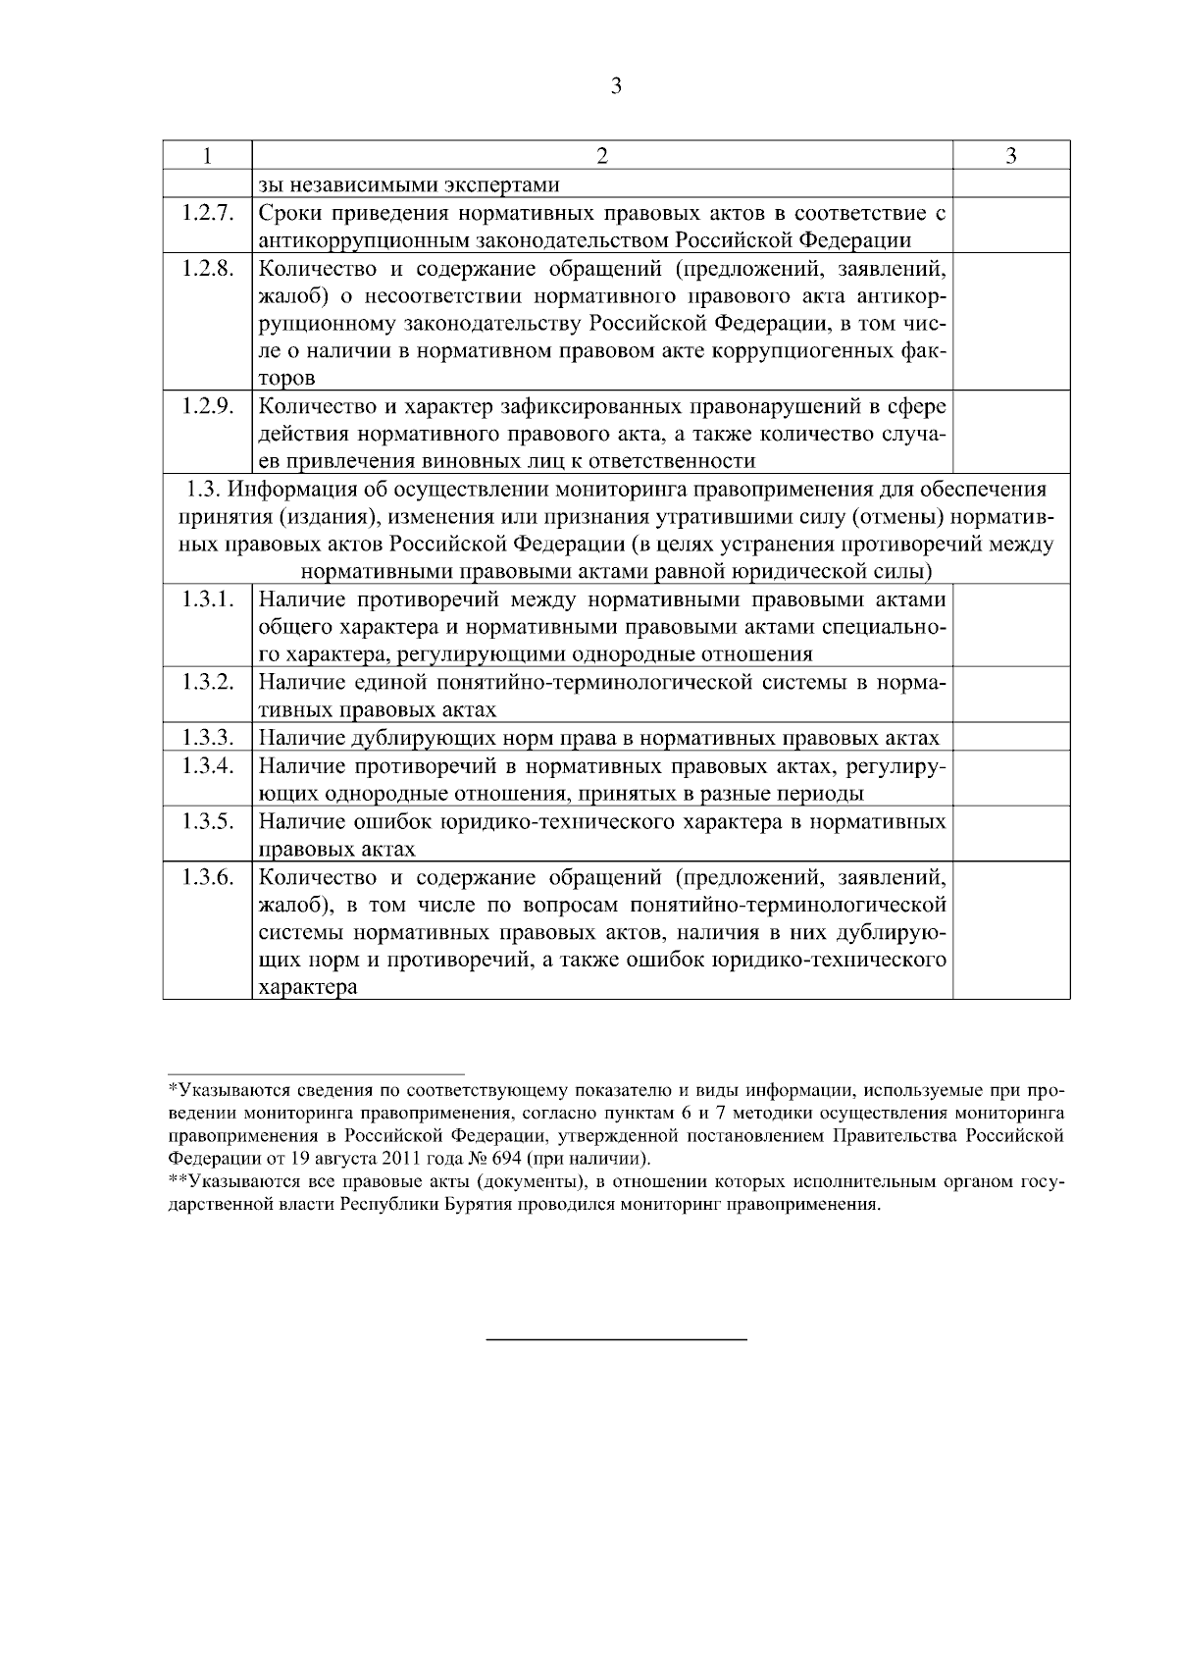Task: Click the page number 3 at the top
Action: tap(616, 86)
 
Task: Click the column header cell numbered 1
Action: tap(207, 156)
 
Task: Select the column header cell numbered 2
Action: tap(602, 156)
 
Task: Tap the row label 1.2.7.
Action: tap(207, 213)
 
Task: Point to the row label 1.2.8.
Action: tap(207, 269)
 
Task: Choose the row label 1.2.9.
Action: tap(207, 406)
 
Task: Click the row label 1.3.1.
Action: tap(207, 599)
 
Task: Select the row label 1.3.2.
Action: tap(207, 682)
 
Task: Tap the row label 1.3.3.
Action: tap(207, 738)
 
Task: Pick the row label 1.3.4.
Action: tap(207, 765)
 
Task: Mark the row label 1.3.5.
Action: tap(207, 821)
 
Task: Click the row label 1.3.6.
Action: tap(207, 877)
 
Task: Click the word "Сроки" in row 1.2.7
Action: tap(291, 213)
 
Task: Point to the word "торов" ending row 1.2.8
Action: tap(287, 378)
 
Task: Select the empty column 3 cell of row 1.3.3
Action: tap(1010, 738)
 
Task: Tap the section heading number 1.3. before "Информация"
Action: tap(204, 489)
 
